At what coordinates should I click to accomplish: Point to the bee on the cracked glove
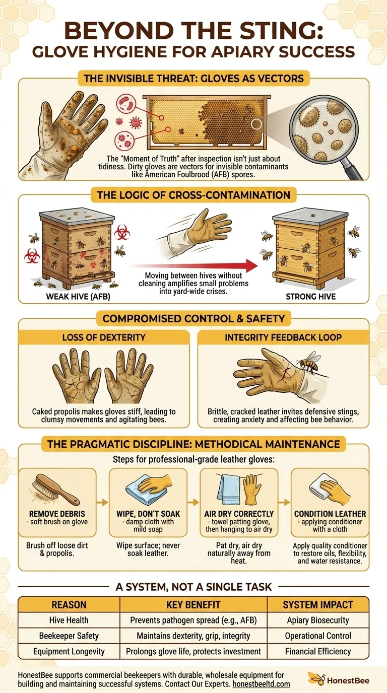point(307,363)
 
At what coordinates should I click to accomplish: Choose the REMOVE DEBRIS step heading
point(56,514)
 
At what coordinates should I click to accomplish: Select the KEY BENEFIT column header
point(193,604)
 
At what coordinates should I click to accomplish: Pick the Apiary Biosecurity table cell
point(317,620)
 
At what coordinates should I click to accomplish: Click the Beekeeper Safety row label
point(69,636)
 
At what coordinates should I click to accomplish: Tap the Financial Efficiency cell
point(317,651)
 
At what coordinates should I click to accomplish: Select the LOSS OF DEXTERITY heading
point(104,337)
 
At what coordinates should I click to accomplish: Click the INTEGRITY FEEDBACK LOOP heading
point(283,337)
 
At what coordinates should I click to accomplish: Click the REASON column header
point(69,604)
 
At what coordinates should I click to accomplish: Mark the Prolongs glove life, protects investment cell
point(193,651)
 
